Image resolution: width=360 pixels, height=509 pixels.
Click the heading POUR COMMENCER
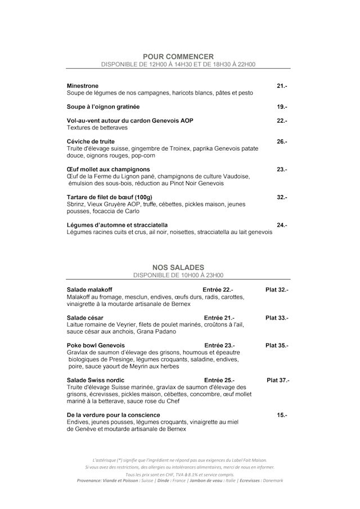pos(178,56)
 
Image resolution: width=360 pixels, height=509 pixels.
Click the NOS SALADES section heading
pos(178,267)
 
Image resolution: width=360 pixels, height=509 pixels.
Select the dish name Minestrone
pos(83,85)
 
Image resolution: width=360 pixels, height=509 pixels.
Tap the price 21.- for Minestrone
pos(282,85)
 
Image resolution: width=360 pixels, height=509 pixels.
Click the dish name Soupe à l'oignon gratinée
pos(103,106)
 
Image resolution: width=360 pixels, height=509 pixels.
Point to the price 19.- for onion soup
pos(282,106)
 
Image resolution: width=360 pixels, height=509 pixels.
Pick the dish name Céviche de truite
pos(91,141)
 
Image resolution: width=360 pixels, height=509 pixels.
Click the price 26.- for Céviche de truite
pos(282,141)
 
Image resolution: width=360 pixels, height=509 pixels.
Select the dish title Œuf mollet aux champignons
pos(109,169)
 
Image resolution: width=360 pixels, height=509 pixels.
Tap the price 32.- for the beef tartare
pos(282,197)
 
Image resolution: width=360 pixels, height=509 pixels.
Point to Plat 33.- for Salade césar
pos(277,318)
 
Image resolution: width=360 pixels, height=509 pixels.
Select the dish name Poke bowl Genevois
pos(96,345)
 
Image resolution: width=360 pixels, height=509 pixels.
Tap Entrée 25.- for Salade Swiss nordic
pos(219,380)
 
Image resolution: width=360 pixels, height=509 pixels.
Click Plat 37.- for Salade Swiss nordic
pos(278,380)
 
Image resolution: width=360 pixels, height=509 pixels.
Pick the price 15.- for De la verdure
pos(282,415)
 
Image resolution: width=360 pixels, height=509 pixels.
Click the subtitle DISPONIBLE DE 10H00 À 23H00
pos(178,276)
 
